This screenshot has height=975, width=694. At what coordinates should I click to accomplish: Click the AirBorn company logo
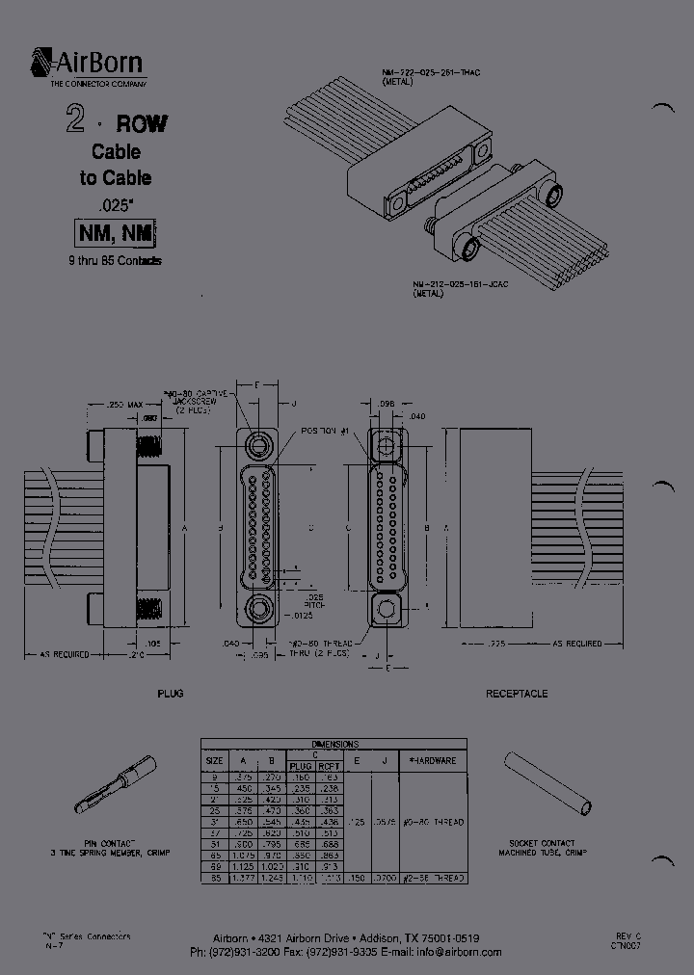(x=87, y=66)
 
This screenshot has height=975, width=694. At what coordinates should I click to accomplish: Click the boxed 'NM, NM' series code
(x=115, y=233)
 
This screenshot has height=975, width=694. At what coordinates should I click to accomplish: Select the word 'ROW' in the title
(x=142, y=123)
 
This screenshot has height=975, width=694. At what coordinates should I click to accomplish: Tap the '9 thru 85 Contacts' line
(x=115, y=261)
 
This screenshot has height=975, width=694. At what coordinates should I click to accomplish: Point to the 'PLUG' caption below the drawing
(x=170, y=694)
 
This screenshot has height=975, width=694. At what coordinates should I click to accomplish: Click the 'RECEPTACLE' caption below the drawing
(x=517, y=694)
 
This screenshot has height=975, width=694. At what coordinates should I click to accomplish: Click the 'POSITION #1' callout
(x=330, y=430)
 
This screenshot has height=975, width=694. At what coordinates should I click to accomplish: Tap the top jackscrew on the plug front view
(x=258, y=445)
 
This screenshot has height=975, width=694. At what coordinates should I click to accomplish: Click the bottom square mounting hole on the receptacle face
(x=388, y=609)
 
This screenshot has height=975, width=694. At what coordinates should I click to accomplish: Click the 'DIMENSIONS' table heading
(x=334, y=745)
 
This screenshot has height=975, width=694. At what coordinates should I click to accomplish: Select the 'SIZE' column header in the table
(x=214, y=760)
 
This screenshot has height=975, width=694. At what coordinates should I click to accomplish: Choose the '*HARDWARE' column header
(x=432, y=760)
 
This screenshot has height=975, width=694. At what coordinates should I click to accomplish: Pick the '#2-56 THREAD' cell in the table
(x=432, y=878)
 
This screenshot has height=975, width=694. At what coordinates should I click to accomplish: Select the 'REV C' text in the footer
(x=627, y=935)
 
